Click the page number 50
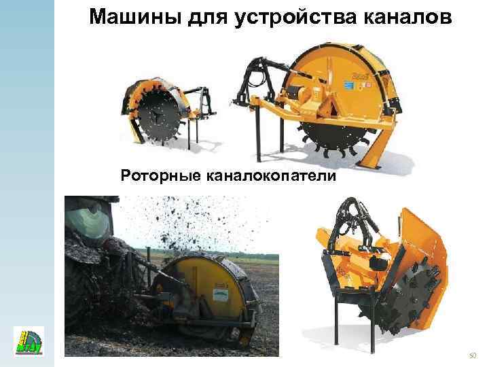point(473,355)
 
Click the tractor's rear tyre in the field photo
point(85,299)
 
